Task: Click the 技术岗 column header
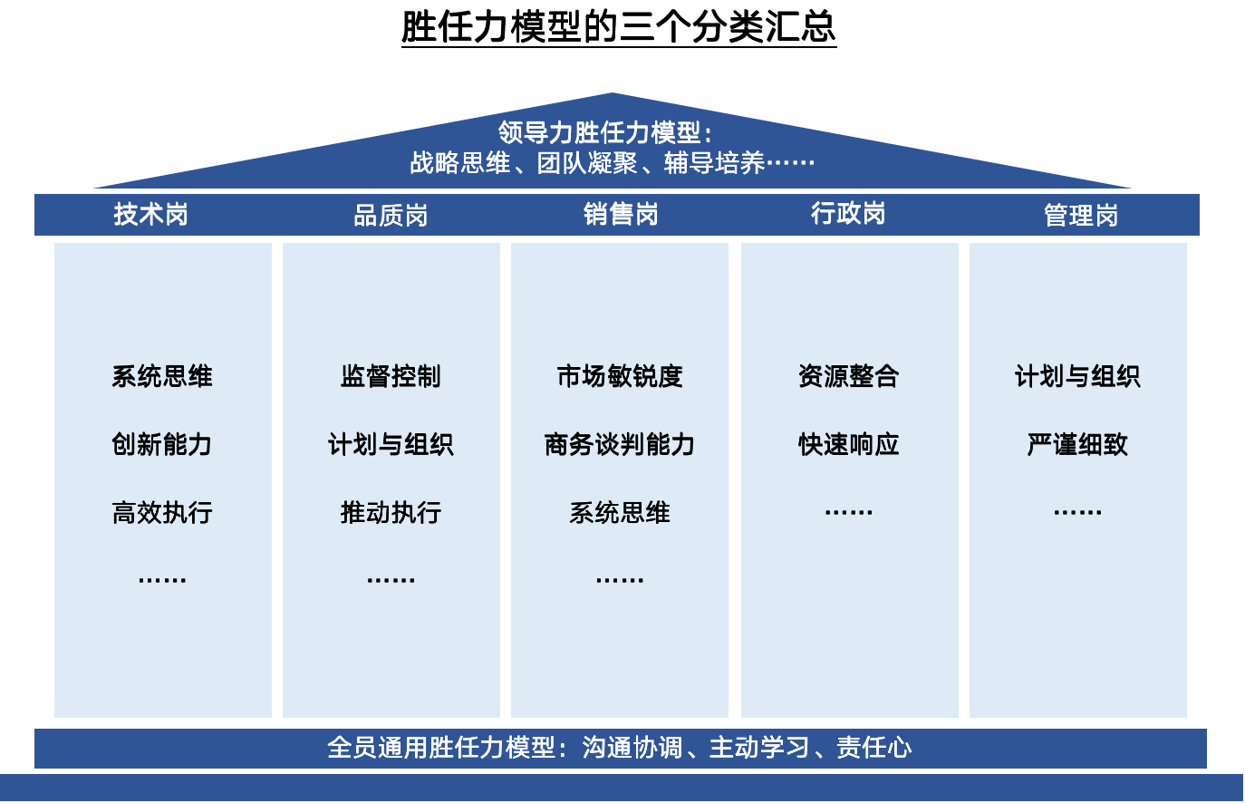150,214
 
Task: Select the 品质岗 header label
391,215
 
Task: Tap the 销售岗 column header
621,214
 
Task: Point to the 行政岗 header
848,213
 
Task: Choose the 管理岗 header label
1081,215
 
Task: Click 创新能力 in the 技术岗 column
162,444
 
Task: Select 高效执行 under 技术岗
162,513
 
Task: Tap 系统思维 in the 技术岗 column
162,376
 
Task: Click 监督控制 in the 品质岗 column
391,376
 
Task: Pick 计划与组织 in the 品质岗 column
391,444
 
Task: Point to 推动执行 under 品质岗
391,513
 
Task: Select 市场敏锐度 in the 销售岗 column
620,376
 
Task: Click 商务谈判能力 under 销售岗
620,444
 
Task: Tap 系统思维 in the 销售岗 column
620,513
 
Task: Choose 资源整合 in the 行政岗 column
849,376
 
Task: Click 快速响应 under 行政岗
849,444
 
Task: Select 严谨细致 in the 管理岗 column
1077,444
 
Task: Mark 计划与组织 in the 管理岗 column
1077,376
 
